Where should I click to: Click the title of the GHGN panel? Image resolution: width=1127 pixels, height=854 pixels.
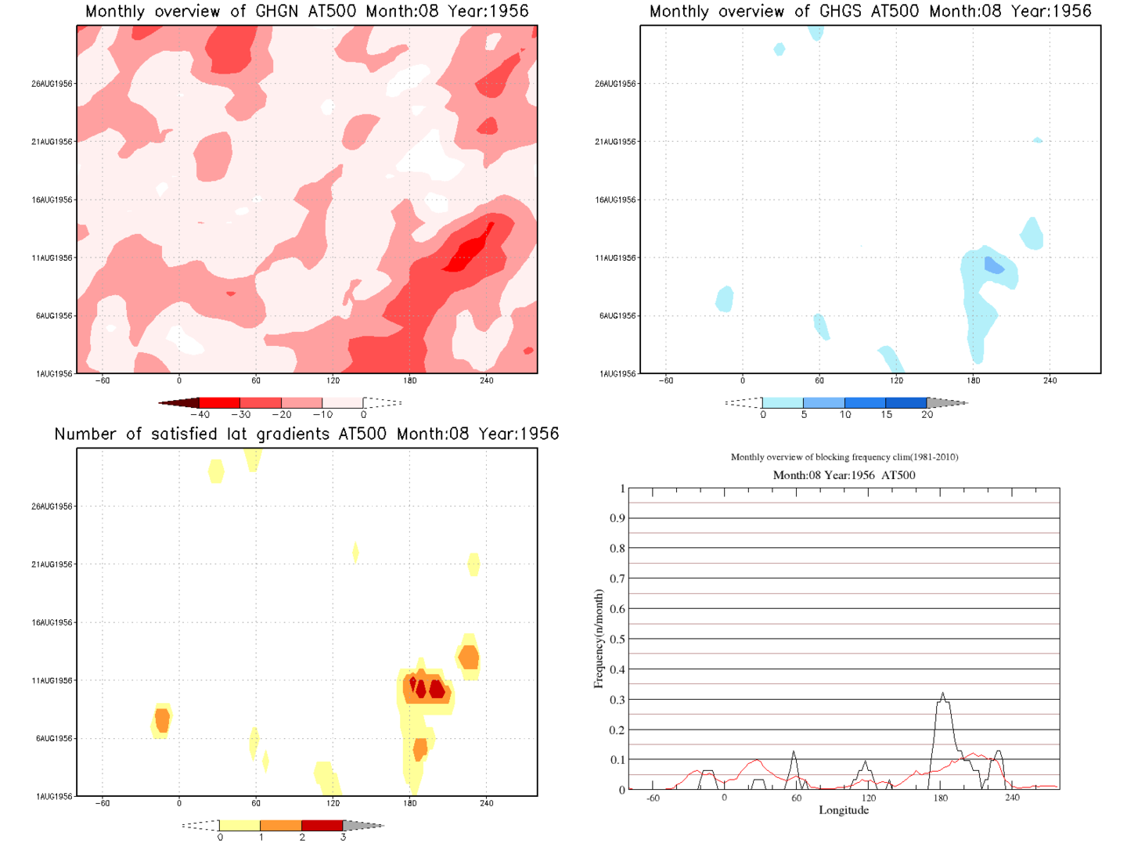pos(307,12)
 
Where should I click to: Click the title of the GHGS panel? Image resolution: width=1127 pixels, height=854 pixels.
pos(870,12)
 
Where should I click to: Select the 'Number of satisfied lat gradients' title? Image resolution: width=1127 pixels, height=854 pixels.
pos(307,434)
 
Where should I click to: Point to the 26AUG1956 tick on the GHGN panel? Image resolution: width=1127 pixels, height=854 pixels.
pos(52,84)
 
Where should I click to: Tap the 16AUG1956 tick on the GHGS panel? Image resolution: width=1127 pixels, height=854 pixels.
pos(616,200)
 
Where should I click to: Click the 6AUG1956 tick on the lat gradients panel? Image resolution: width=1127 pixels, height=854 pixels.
pos(54,739)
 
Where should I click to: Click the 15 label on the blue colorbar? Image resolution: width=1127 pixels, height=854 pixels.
pos(886,415)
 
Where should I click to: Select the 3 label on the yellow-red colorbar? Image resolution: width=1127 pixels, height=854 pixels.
pos(343,838)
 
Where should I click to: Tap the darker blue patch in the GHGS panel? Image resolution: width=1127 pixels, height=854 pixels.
pos(993,265)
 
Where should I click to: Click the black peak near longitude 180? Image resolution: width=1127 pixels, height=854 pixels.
pos(943,695)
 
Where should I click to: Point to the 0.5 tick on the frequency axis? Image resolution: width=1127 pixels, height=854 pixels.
pos(618,640)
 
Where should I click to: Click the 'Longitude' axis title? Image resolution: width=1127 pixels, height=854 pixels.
pos(844,810)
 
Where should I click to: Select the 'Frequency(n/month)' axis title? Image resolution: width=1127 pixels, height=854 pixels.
pos(599,640)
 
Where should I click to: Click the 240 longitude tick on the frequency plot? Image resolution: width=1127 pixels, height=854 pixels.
pos(1012,798)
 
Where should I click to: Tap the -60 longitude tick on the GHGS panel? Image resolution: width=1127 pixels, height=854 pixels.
pos(665,380)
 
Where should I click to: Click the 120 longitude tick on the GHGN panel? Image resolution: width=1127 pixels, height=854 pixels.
pos(333,380)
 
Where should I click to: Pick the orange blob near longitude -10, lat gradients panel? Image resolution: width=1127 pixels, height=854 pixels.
pos(162,719)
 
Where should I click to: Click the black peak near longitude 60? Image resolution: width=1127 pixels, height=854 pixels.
pos(794,753)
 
